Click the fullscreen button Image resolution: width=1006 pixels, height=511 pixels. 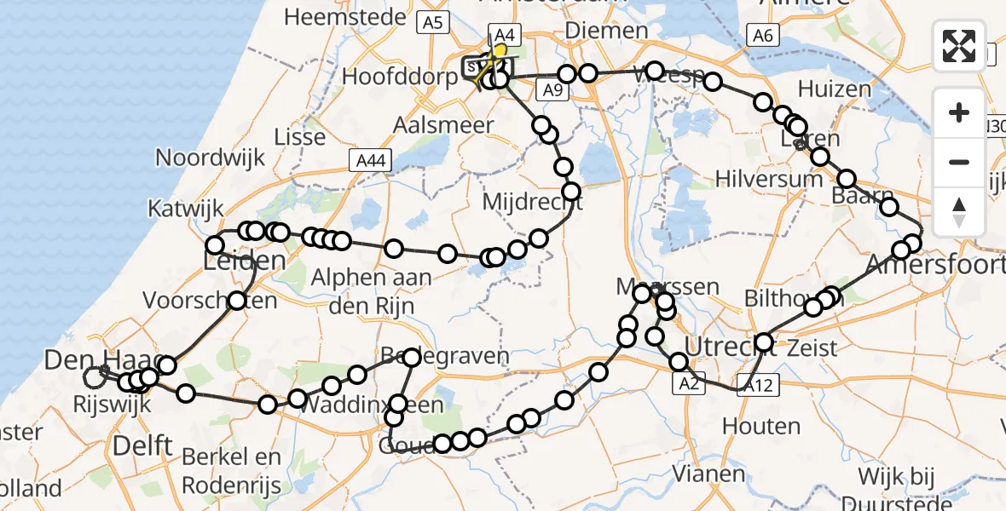pos(959,46)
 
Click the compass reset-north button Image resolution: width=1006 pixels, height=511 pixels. pos(959,212)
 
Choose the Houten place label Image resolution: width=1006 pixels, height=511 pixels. pos(762,426)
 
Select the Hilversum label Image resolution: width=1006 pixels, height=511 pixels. pos(770,179)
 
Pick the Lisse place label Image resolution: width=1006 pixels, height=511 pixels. pos(300,136)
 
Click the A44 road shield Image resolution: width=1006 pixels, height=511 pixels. pos(368,159)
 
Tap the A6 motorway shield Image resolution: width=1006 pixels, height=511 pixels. pos(761,35)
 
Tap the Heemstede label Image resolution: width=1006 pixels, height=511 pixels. pos(338,16)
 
